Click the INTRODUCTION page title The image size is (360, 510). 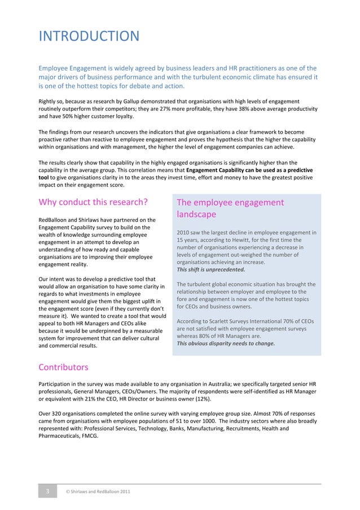89,36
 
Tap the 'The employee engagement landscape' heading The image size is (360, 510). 230,208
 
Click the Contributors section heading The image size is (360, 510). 63,368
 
